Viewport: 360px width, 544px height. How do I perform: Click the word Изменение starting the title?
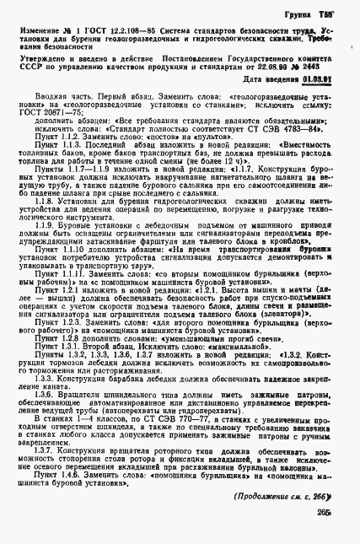[x=35, y=31]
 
